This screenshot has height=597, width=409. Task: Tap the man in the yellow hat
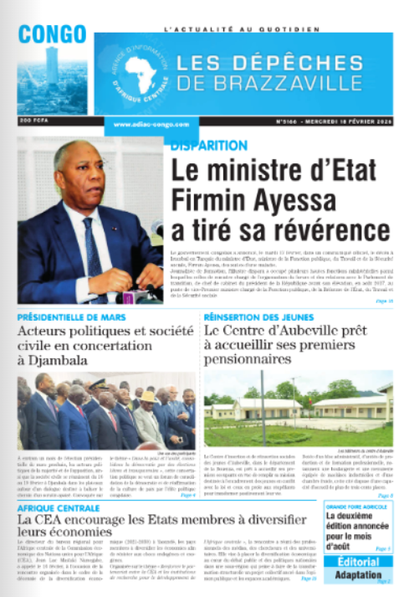click(148, 401)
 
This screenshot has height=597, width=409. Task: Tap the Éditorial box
click(358, 562)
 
